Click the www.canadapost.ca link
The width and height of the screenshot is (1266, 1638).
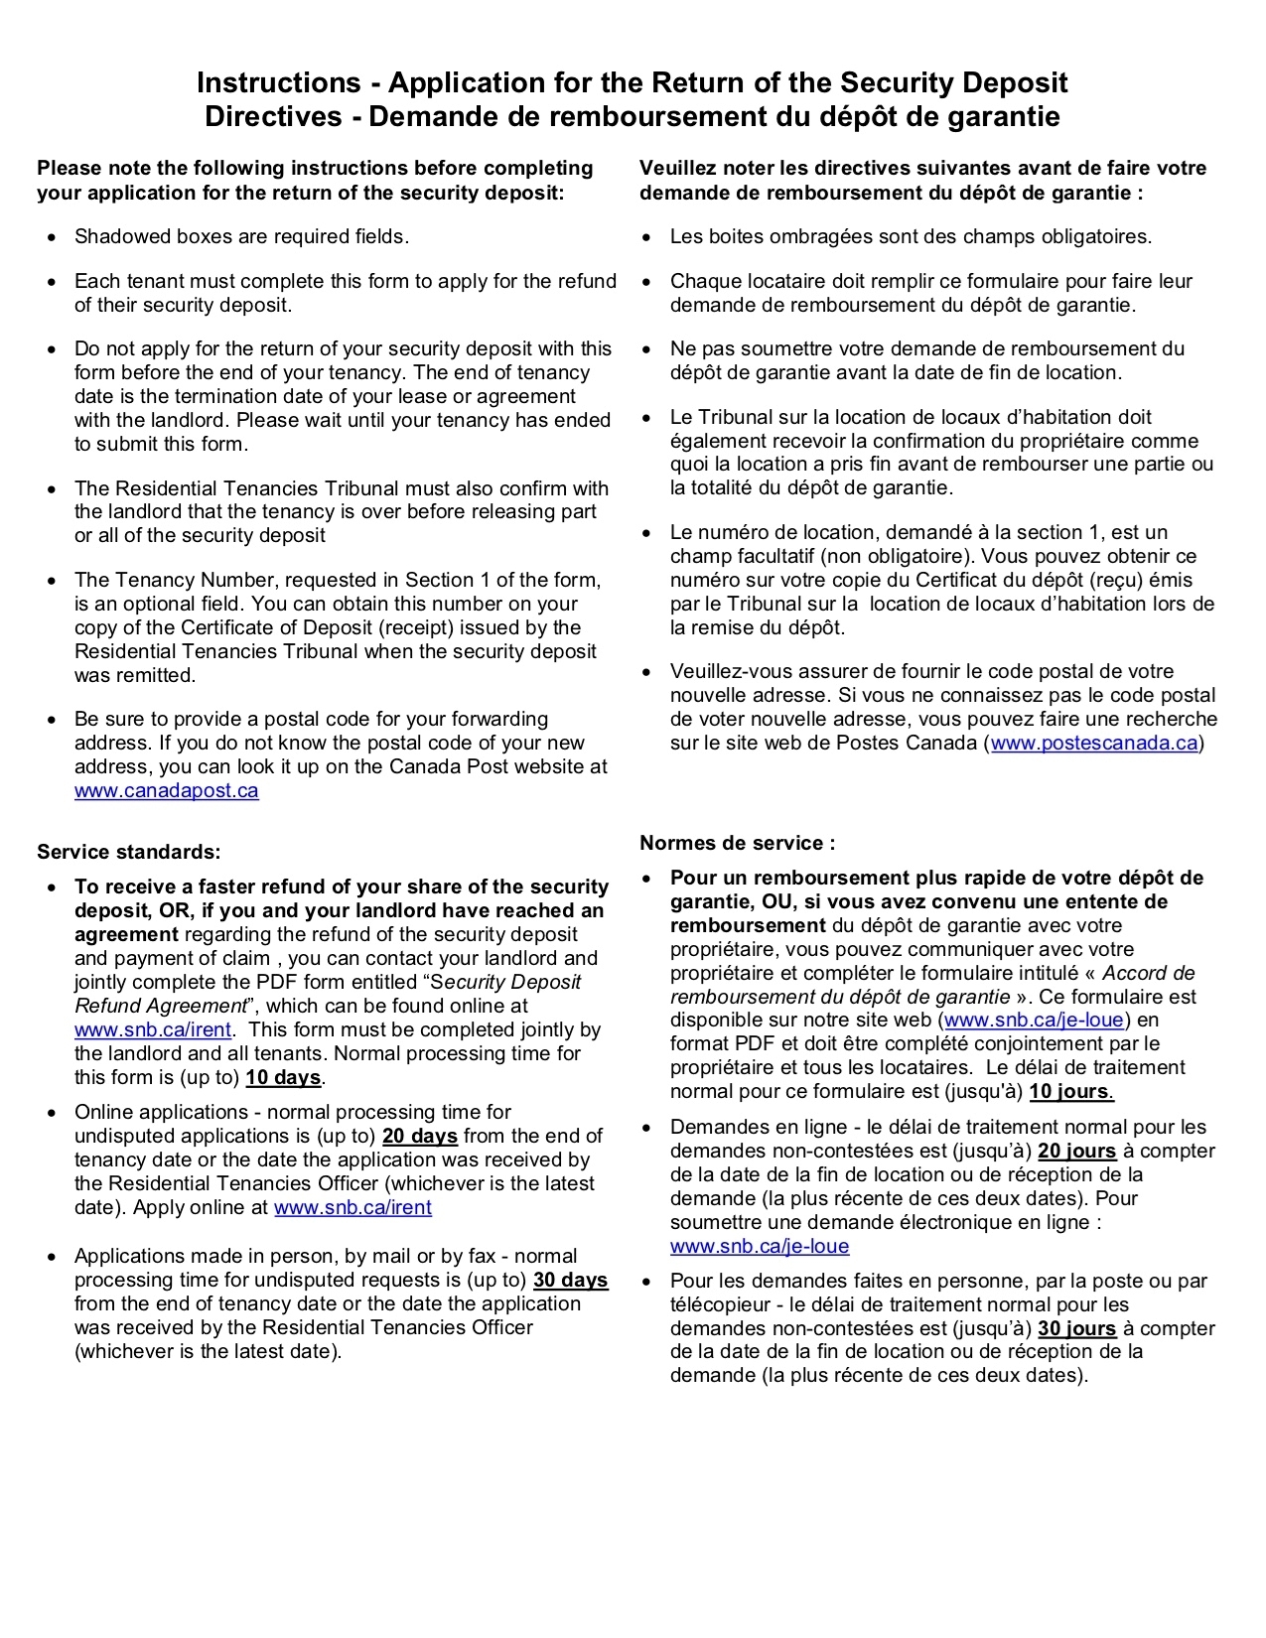pyautogui.click(x=166, y=791)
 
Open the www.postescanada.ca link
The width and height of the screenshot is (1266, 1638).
pyautogui.click(x=1094, y=744)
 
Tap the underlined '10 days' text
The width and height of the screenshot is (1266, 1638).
pyautogui.click(x=283, y=1078)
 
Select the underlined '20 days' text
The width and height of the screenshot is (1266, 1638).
pyautogui.click(x=419, y=1137)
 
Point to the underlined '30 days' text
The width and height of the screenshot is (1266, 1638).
pyautogui.click(x=570, y=1281)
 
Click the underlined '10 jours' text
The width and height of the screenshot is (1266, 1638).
pyautogui.click(x=1070, y=1092)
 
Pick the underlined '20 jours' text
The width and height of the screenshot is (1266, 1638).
pyautogui.click(x=1076, y=1152)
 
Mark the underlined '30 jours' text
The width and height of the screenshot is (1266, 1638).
pyautogui.click(x=1076, y=1329)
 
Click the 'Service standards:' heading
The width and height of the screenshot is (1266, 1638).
pyautogui.click(x=129, y=853)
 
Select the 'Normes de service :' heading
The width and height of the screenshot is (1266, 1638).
pyautogui.click(x=737, y=844)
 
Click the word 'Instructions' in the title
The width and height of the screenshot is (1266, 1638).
pyautogui.click(x=278, y=82)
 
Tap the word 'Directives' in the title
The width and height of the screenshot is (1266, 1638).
pyautogui.click(x=273, y=117)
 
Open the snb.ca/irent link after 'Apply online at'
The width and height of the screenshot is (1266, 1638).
pyautogui.click(x=352, y=1208)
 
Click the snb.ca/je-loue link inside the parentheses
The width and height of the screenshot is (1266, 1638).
pyautogui.click(x=1034, y=1021)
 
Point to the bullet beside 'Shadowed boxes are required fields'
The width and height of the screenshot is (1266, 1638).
pyautogui.click(x=52, y=238)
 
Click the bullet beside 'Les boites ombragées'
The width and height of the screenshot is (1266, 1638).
pyautogui.click(x=647, y=238)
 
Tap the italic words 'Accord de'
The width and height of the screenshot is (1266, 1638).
pyautogui.click(x=1148, y=974)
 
